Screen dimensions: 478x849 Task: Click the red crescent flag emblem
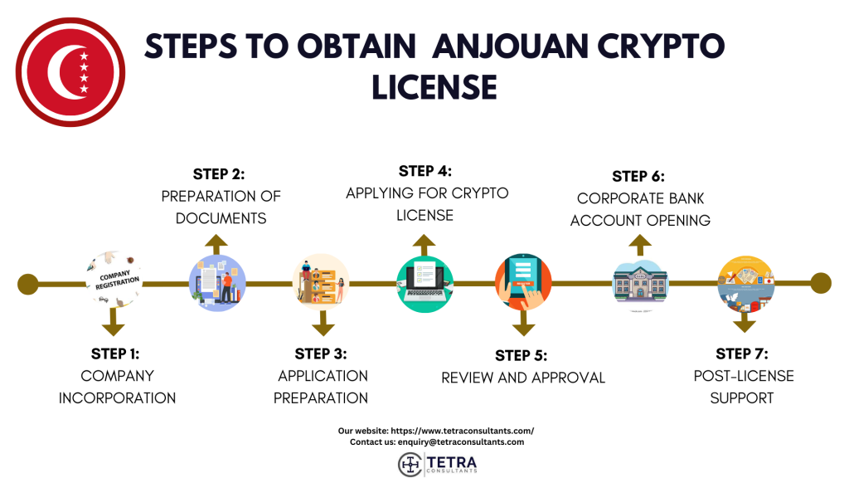pyautogui.click(x=70, y=71)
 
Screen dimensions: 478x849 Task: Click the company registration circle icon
pyautogui.click(x=114, y=282)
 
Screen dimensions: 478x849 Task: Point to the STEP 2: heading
pyautogui.click(x=219, y=174)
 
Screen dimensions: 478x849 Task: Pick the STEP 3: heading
pyautogui.click(x=321, y=354)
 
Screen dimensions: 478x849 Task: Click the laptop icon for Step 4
pyautogui.click(x=424, y=282)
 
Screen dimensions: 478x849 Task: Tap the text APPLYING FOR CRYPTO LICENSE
pyautogui.click(x=427, y=204)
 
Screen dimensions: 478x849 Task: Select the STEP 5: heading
pyautogui.click(x=522, y=355)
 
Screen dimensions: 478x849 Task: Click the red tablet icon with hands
pyautogui.click(x=523, y=282)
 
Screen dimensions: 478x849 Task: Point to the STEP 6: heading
pyautogui.click(x=638, y=177)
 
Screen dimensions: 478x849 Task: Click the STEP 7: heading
pyautogui.click(x=742, y=354)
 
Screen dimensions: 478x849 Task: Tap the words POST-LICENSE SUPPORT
pyautogui.click(x=744, y=387)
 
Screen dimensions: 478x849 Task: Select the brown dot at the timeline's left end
pyautogui.click(x=28, y=284)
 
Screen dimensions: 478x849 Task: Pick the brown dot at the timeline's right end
pyautogui.click(x=820, y=283)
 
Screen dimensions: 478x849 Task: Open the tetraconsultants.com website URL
pyautogui.click(x=462, y=431)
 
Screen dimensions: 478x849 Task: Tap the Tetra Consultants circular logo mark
pyautogui.click(x=410, y=463)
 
